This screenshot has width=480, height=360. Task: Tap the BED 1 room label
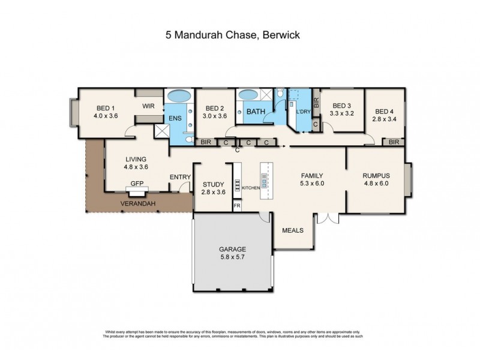[106, 109]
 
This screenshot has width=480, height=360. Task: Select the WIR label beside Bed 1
[149, 106]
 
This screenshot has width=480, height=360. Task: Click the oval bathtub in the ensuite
[178, 96]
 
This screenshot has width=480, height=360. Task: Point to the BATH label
[256, 112]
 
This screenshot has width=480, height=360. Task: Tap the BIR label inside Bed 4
[394, 142]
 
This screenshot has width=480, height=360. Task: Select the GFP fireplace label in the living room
[136, 185]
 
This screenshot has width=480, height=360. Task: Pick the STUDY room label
[213, 184]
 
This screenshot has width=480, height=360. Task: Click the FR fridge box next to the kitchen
[237, 205]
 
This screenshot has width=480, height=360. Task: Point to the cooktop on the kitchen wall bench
[237, 185]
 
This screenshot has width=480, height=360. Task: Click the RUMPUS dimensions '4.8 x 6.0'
[376, 184]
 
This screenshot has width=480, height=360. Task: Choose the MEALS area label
[293, 230]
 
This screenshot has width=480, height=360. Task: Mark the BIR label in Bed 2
[205, 142]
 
